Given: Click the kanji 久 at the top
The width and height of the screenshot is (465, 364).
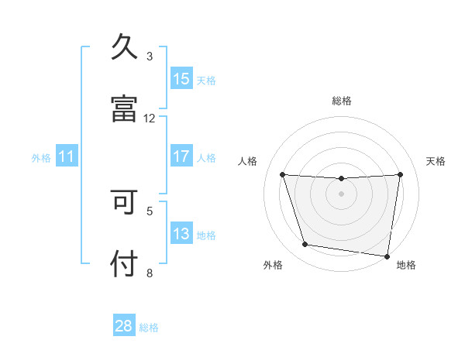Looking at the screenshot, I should coord(124,47).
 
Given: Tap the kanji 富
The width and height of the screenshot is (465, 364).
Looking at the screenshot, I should coord(124,109).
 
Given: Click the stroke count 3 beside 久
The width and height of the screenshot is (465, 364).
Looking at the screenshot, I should coord(150,56).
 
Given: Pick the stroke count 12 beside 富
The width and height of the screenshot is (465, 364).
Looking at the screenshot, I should coord(150,118).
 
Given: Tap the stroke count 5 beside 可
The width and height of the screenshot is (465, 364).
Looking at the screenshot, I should coord(150,210).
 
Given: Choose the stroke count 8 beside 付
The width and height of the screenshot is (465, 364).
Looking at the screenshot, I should coord(150,272).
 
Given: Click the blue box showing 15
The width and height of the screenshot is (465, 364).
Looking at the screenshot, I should coord(181,78).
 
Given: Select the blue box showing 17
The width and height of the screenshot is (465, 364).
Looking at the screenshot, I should coord(181,156).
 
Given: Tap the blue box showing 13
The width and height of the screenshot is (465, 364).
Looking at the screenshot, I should coord(181,234).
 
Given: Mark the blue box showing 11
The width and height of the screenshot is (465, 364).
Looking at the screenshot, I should coord(67,156).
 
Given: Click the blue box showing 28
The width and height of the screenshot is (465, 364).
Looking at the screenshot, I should coord(124,326).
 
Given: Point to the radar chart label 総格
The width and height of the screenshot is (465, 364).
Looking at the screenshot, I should coord(342,101).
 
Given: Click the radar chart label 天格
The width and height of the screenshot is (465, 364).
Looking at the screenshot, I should coord(436,161).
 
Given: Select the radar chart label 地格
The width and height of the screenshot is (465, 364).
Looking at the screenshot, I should coord(406,266).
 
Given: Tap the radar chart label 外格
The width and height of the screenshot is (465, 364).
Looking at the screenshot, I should coord(273,266).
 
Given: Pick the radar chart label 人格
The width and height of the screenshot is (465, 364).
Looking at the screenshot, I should coord(248,161).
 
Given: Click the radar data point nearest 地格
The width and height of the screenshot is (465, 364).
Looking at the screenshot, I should coord(387,256).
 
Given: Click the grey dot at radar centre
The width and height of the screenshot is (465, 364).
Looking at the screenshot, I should coord(341,194).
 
